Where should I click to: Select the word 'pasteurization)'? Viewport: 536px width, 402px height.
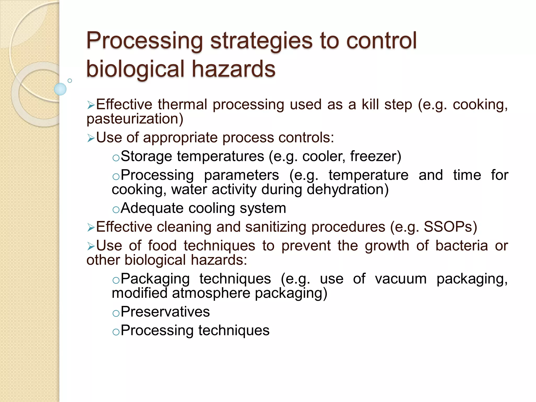click(135, 119)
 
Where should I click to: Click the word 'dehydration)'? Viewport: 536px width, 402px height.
click(348, 189)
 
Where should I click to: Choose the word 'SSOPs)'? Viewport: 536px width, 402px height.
click(450, 227)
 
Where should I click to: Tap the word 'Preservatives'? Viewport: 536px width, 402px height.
click(165, 312)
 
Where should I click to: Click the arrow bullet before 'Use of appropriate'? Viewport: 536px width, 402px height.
click(91, 138)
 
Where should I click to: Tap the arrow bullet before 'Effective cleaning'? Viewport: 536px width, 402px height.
click(91, 227)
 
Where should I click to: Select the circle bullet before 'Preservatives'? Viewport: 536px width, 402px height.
click(116, 313)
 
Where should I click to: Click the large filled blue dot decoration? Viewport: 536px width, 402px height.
click(60, 89)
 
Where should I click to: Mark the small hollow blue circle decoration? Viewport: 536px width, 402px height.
click(70, 81)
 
